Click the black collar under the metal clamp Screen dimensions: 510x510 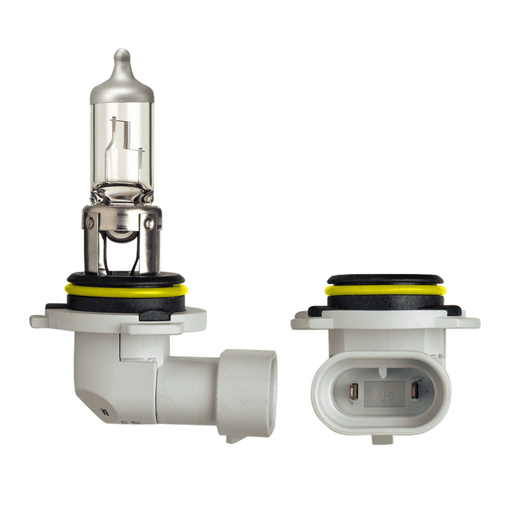[x=123, y=280]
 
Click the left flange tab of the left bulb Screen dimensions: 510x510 [x=58, y=318]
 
